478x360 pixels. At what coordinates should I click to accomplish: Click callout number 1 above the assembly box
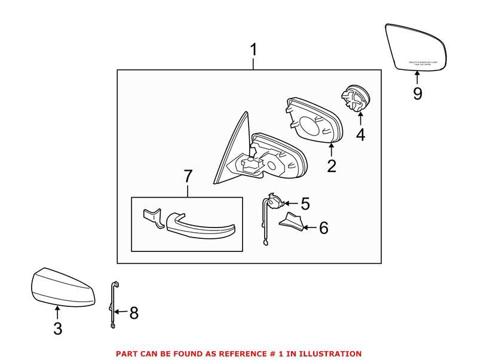pyautogui.click(x=254, y=50)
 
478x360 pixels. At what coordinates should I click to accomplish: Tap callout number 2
pyautogui.click(x=332, y=165)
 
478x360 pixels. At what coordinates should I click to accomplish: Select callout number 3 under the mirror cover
pyautogui.click(x=57, y=328)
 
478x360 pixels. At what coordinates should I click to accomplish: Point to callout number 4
pyautogui.click(x=360, y=135)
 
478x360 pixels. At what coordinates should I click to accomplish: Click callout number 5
pyautogui.click(x=305, y=204)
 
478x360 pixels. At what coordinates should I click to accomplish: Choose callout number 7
pyautogui.click(x=188, y=177)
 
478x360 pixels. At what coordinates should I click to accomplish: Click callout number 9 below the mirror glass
pyautogui.click(x=417, y=93)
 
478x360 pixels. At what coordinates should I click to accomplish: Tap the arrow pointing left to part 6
pyautogui.click(x=308, y=227)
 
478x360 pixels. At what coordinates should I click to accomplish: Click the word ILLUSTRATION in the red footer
pyautogui.click(x=329, y=353)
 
